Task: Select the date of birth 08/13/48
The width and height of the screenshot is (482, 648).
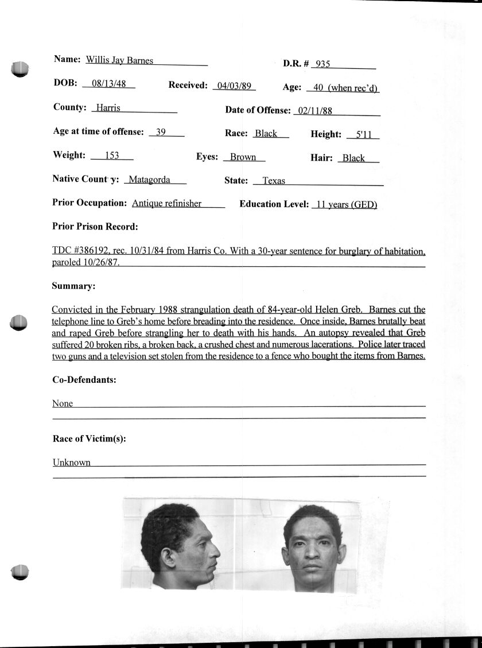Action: point(108,83)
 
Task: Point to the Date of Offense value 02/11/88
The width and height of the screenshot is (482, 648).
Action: point(316,111)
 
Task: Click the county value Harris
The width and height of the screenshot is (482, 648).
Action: point(108,108)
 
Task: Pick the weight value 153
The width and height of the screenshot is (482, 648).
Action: point(111,156)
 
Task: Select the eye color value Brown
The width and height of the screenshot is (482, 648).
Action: point(243,157)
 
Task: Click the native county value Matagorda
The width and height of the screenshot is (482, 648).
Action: point(149,180)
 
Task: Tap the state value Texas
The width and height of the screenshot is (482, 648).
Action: point(274,181)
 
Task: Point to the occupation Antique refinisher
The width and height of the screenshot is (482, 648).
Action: point(166,203)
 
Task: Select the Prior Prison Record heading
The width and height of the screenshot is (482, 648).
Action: point(95,227)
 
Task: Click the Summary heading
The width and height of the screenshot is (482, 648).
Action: point(73,286)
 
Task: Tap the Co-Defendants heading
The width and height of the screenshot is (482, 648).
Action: point(84,380)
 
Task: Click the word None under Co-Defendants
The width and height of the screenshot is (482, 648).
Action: point(63,403)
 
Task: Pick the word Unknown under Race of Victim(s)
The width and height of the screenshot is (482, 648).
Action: point(72,463)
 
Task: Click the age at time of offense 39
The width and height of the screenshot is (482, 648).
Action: point(161,132)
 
